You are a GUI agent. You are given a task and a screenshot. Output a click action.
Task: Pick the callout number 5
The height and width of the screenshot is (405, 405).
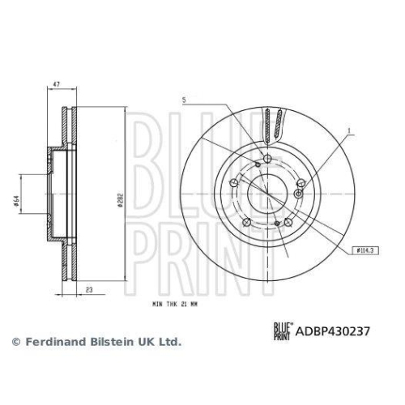[x=185, y=101]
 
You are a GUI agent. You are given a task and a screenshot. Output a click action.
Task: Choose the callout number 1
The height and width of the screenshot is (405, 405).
[x=349, y=130]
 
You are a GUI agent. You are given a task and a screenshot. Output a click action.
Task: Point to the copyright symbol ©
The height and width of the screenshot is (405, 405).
[x=14, y=343]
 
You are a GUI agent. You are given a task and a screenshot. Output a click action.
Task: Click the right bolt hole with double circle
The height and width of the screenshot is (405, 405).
[x=301, y=195]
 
